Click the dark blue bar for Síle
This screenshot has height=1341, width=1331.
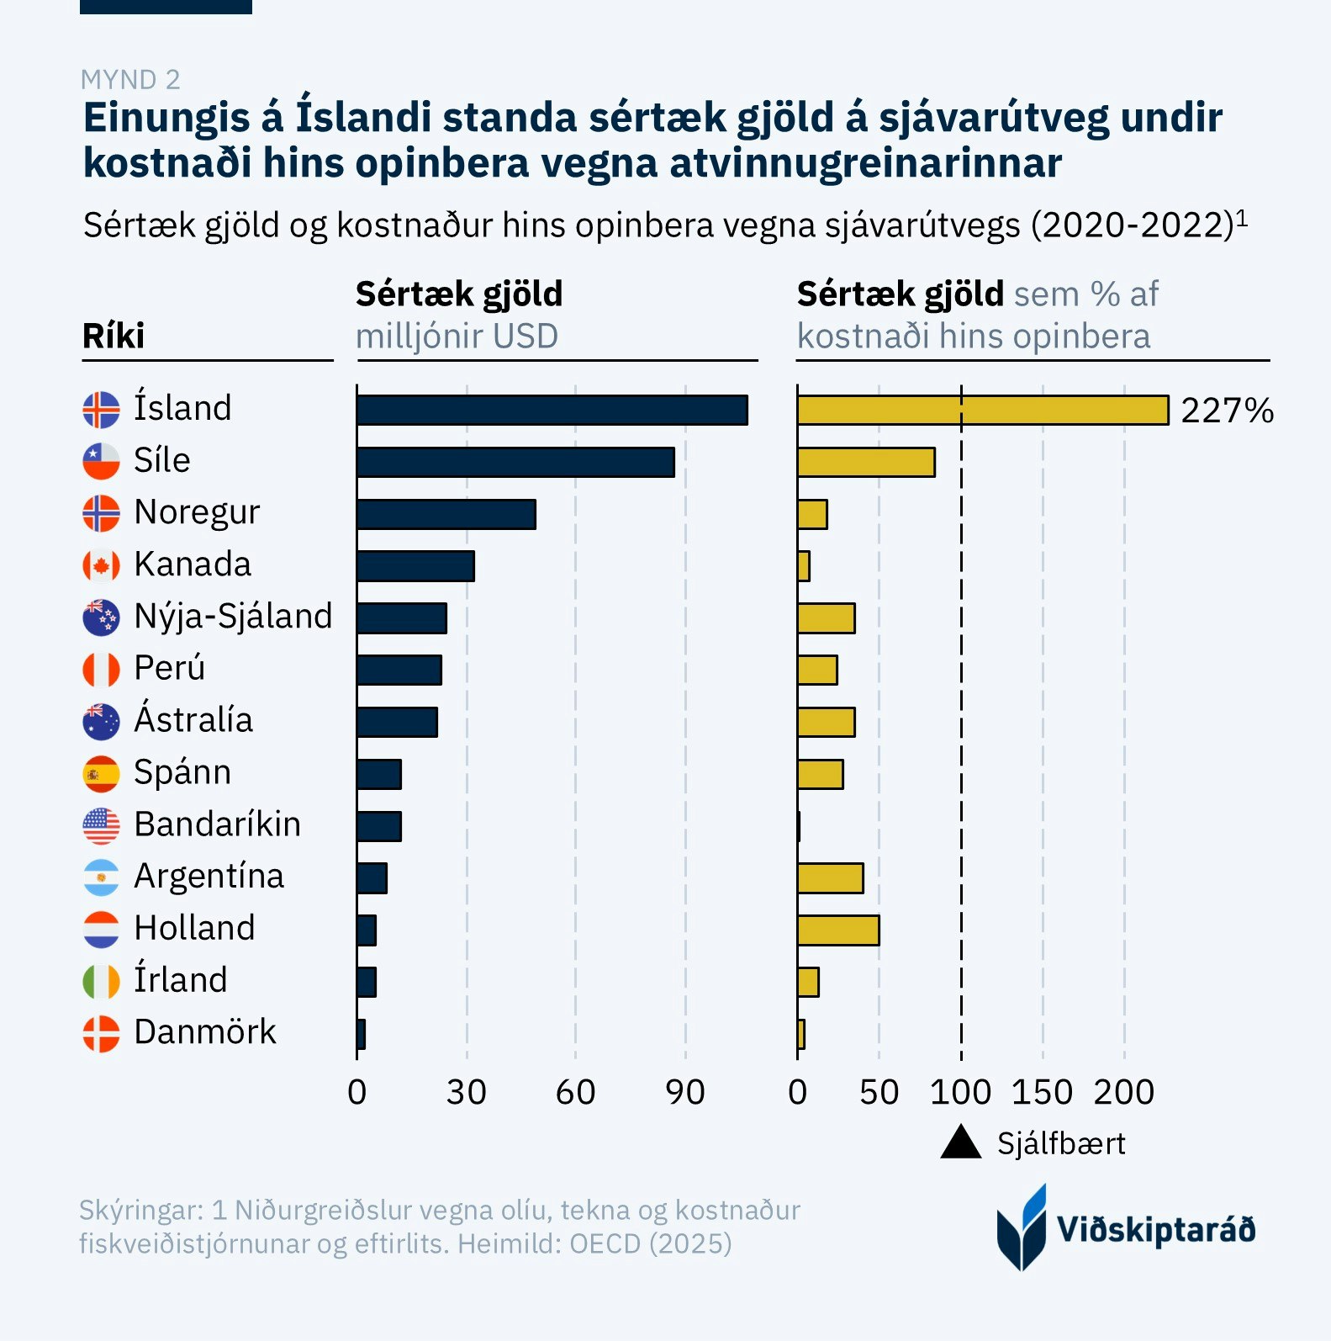coord(515,462)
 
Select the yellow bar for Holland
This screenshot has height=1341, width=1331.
coord(838,930)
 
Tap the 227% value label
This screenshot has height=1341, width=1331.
coord(1227,411)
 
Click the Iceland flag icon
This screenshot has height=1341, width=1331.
coord(101,410)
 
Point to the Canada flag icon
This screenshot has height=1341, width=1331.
coord(101,565)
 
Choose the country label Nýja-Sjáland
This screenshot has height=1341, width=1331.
coord(233,616)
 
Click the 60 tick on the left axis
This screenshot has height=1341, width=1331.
coord(575,1092)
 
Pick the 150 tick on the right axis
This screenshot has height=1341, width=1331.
coord(1042,1092)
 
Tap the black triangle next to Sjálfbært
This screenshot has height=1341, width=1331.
coord(961,1143)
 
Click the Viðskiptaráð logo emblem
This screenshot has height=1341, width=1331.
coord(1022,1227)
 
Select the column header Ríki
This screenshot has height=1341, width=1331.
coord(114,336)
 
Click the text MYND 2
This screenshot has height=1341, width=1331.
coord(130,80)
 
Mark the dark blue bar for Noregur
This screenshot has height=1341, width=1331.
coord(446,514)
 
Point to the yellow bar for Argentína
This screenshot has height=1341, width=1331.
coord(830,878)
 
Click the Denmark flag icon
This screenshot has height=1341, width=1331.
coord(101,1034)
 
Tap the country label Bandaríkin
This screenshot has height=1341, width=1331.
coord(217,824)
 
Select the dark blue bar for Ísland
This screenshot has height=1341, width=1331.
coord(552,410)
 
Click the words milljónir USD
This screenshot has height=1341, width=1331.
coord(457,337)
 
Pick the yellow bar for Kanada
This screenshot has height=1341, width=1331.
coord(804,566)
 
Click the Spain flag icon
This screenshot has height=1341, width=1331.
coord(101,774)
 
